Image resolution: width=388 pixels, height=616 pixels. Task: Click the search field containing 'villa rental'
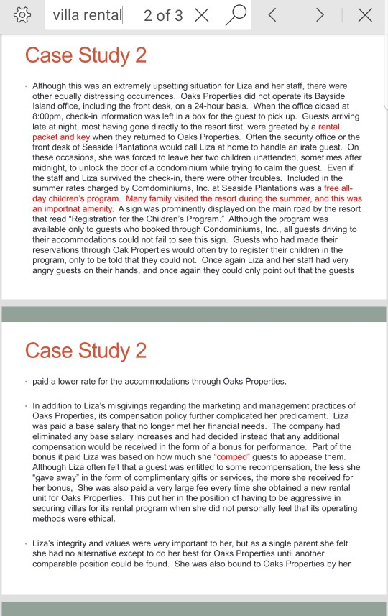pyautogui.click(x=87, y=15)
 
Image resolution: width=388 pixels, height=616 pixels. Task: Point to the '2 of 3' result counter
pyautogui.click(x=163, y=15)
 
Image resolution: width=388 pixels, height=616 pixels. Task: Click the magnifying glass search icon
pyautogui.click(x=236, y=14)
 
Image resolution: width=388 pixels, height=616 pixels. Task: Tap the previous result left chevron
pyautogui.click(x=272, y=15)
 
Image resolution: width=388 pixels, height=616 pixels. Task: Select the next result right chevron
pyautogui.click(x=320, y=15)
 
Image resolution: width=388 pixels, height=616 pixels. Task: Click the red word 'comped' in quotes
pyautogui.click(x=230, y=456)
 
